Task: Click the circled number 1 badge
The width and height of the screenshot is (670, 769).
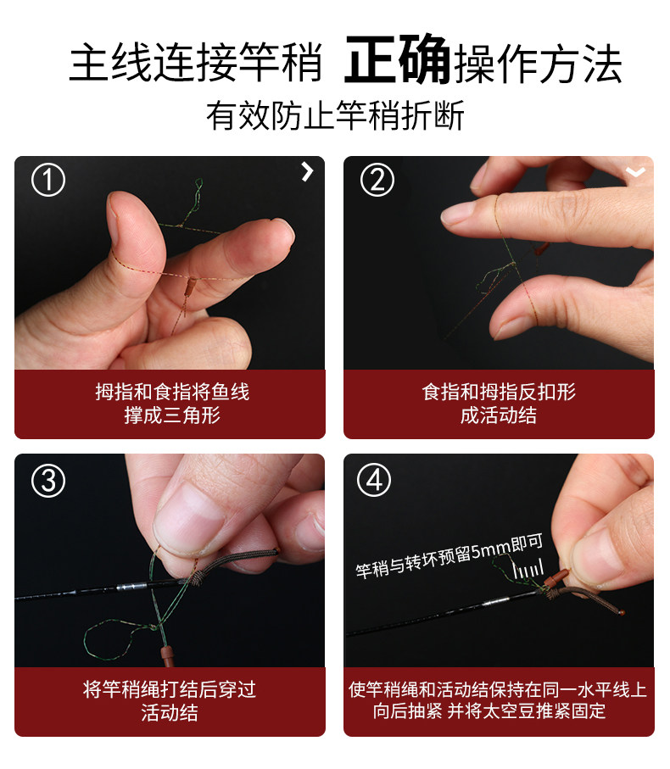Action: point(48,180)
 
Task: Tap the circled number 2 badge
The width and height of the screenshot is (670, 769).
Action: point(377,180)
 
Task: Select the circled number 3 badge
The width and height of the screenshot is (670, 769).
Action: point(48,481)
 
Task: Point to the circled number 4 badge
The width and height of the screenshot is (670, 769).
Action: point(374,480)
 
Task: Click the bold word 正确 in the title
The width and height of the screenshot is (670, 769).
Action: point(397,60)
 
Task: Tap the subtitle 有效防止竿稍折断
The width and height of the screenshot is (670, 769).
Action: point(335,116)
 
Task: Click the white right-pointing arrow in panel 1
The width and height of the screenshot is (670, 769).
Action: point(307,171)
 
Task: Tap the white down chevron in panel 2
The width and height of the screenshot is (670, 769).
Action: point(636,171)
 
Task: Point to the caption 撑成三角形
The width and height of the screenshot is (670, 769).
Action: point(171,415)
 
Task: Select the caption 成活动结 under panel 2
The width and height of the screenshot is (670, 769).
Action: point(499,415)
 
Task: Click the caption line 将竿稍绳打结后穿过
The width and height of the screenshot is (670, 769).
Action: point(170,689)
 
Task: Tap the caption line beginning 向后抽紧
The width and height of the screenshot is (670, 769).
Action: point(489,710)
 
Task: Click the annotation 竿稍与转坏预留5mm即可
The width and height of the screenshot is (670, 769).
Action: point(449,556)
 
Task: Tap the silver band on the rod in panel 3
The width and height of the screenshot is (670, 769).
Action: point(132,587)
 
